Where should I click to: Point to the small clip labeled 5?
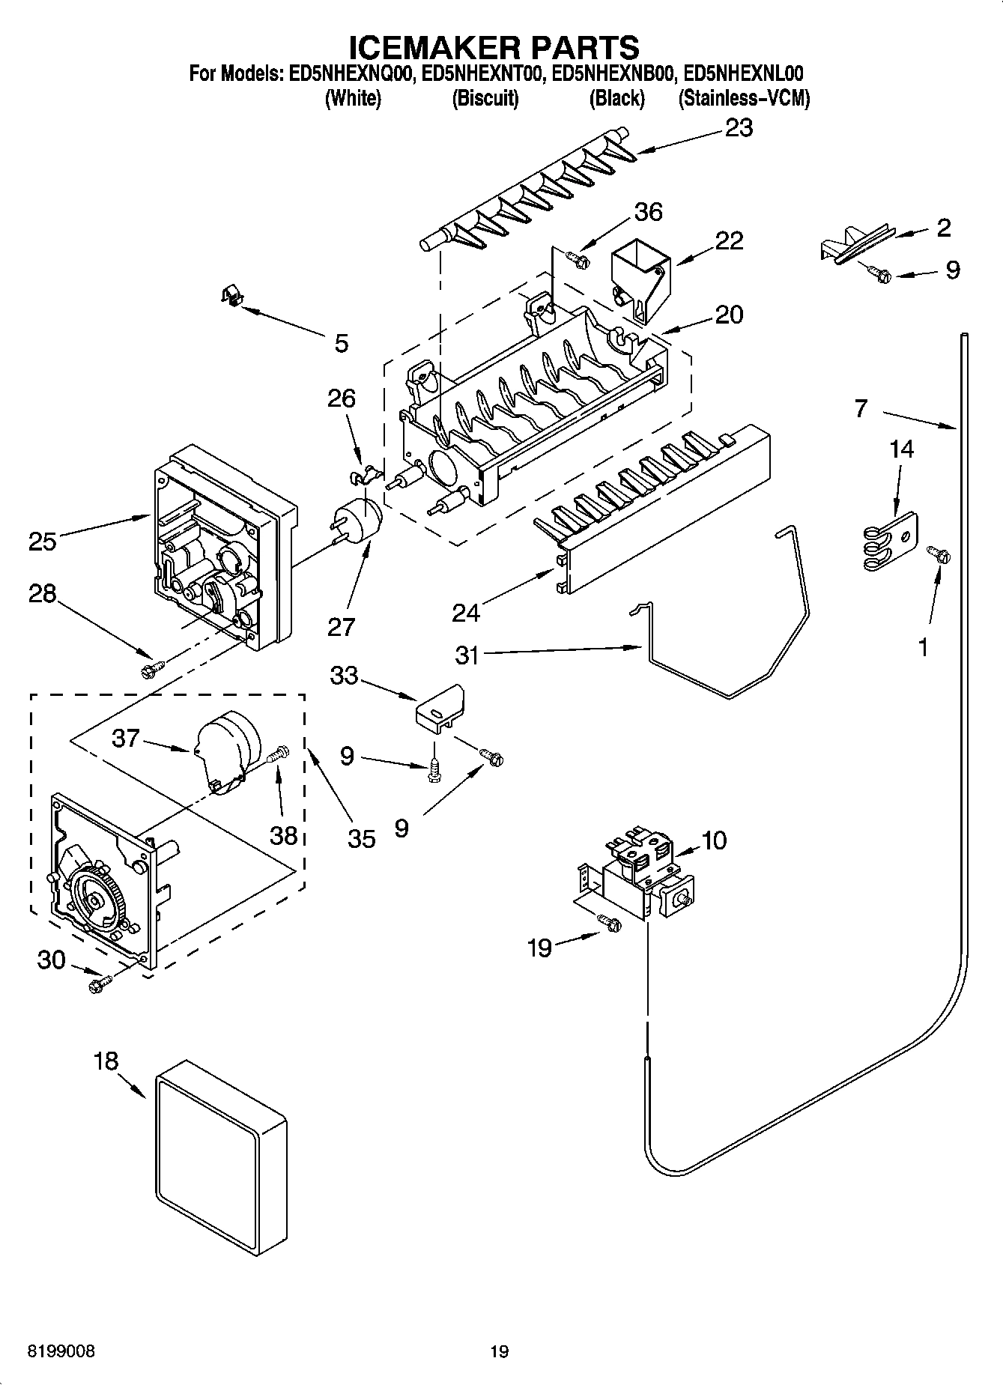tap(233, 297)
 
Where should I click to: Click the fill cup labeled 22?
tap(639, 277)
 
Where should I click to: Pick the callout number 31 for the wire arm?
tap(467, 655)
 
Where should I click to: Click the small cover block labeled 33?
tap(440, 707)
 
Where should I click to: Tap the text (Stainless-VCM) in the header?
tap(743, 99)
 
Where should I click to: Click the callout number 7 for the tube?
tap(861, 409)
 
